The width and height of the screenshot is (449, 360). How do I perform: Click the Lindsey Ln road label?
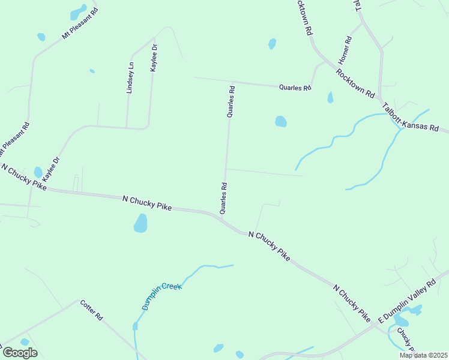(130, 77)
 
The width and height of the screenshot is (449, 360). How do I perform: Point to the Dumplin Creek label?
(161, 296)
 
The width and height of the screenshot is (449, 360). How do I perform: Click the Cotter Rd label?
(92, 310)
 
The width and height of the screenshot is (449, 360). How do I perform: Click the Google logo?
(20, 352)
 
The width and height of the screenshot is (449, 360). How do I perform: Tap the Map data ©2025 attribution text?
(423, 355)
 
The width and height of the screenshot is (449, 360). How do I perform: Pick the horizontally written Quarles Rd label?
(295, 88)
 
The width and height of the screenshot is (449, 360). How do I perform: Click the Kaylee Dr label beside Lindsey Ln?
(154, 58)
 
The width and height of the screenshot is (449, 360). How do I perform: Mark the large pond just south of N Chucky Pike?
(140, 224)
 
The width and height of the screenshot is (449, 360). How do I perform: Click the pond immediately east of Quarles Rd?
(280, 121)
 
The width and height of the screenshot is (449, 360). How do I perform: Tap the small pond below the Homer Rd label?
(330, 97)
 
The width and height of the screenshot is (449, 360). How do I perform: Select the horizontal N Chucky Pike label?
(147, 203)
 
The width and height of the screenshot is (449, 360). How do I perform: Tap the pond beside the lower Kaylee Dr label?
(38, 172)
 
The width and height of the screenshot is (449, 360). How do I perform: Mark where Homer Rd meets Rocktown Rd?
(325, 62)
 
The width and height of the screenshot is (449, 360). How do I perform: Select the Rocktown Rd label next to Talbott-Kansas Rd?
(355, 83)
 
